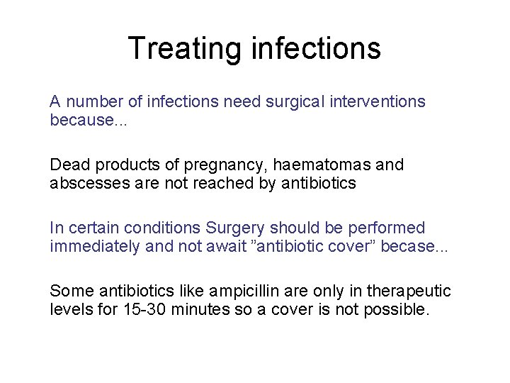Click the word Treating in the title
(186, 48)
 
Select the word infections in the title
(316, 48)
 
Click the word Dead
(67, 165)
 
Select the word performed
(390, 228)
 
